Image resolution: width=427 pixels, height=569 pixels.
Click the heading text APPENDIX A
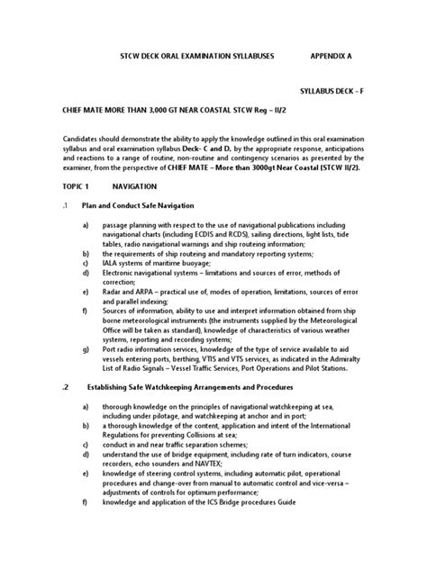tap(332, 56)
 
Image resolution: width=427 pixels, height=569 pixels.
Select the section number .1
tap(66, 205)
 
